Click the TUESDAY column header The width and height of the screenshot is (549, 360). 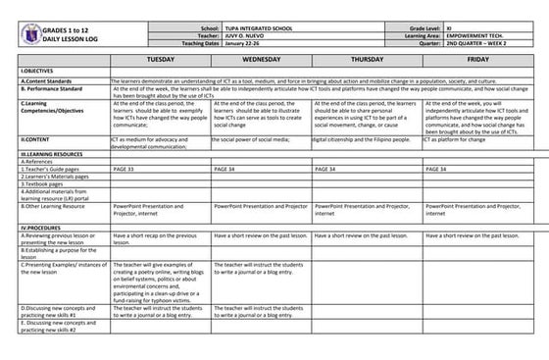click(x=160, y=59)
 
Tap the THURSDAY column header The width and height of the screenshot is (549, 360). click(x=366, y=59)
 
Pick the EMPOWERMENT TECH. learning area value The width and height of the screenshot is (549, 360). click(x=475, y=36)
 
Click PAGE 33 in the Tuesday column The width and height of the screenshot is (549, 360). click(x=125, y=170)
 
